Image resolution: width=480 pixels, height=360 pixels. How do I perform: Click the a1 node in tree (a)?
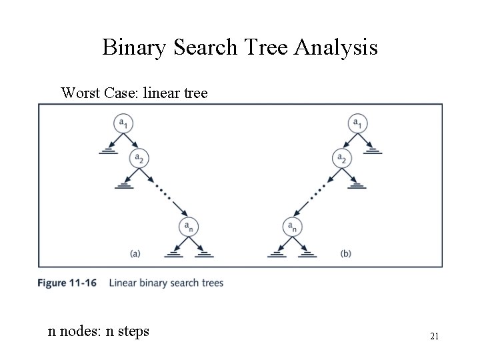[x=122, y=124]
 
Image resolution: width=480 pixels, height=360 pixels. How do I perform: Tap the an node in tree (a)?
[x=188, y=227]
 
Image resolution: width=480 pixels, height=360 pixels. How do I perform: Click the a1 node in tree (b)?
[x=358, y=124]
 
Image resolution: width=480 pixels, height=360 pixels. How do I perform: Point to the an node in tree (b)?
[x=292, y=227]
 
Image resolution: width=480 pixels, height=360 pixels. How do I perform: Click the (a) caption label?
[x=135, y=253]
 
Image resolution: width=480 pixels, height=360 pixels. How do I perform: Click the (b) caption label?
[x=345, y=253]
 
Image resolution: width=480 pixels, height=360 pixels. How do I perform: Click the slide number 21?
[x=433, y=336]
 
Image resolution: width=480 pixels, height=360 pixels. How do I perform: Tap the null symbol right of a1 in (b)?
[x=374, y=151]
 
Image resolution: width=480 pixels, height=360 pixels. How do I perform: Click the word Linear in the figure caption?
[x=123, y=283]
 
